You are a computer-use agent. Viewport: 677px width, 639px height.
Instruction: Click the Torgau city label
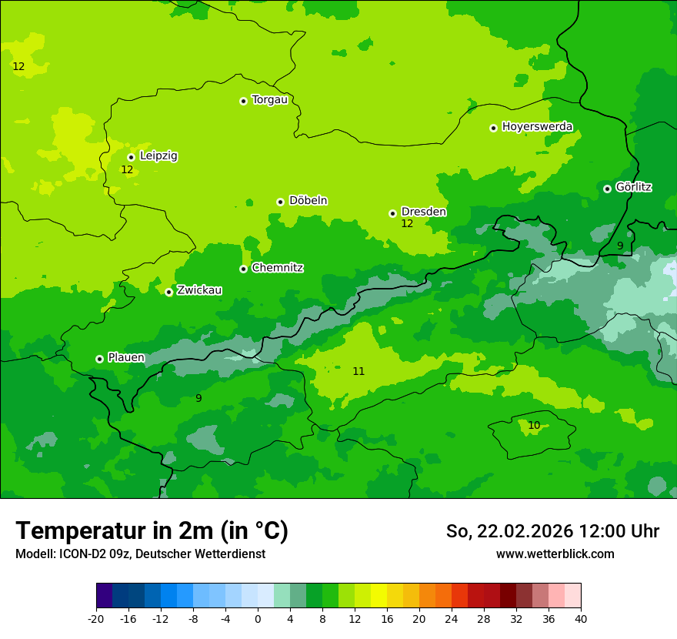click(269, 99)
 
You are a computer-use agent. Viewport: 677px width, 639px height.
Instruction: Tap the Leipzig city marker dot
click(131, 157)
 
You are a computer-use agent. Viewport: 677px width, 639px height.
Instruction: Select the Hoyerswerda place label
click(537, 126)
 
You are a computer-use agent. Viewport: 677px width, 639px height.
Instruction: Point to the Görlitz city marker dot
click(607, 189)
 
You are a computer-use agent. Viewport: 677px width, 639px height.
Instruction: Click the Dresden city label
click(423, 212)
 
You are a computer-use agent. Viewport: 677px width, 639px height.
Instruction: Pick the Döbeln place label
click(308, 201)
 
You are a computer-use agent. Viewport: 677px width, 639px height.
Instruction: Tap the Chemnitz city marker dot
click(243, 269)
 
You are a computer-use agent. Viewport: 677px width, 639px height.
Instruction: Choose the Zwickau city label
click(199, 290)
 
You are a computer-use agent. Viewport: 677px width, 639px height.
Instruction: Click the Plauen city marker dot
click(99, 359)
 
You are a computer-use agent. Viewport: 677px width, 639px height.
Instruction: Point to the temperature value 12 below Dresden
click(407, 224)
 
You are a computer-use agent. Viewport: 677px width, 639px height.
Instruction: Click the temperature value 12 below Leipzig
click(127, 169)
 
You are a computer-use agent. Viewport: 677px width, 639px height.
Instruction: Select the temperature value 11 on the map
click(359, 372)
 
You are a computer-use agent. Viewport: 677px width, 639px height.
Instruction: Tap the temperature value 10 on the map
click(534, 426)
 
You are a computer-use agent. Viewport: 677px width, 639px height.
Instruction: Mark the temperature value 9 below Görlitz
click(620, 246)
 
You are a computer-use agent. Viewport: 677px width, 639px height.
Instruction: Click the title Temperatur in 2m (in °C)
click(152, 530)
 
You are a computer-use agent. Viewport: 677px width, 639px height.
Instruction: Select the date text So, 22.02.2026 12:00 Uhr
click(552, 531)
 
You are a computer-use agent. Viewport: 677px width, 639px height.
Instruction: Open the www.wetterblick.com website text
click(555, 554)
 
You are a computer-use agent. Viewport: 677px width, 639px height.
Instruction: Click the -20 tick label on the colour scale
click(96, 618)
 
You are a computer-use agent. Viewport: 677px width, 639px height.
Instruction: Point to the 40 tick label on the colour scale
click(581, 618)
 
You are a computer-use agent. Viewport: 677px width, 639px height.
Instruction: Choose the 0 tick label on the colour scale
click(258, 618)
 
